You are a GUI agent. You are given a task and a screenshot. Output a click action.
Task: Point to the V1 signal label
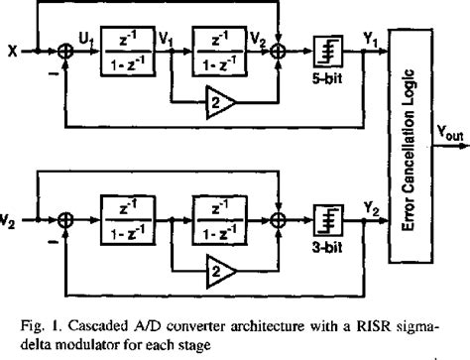coord(165,39)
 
